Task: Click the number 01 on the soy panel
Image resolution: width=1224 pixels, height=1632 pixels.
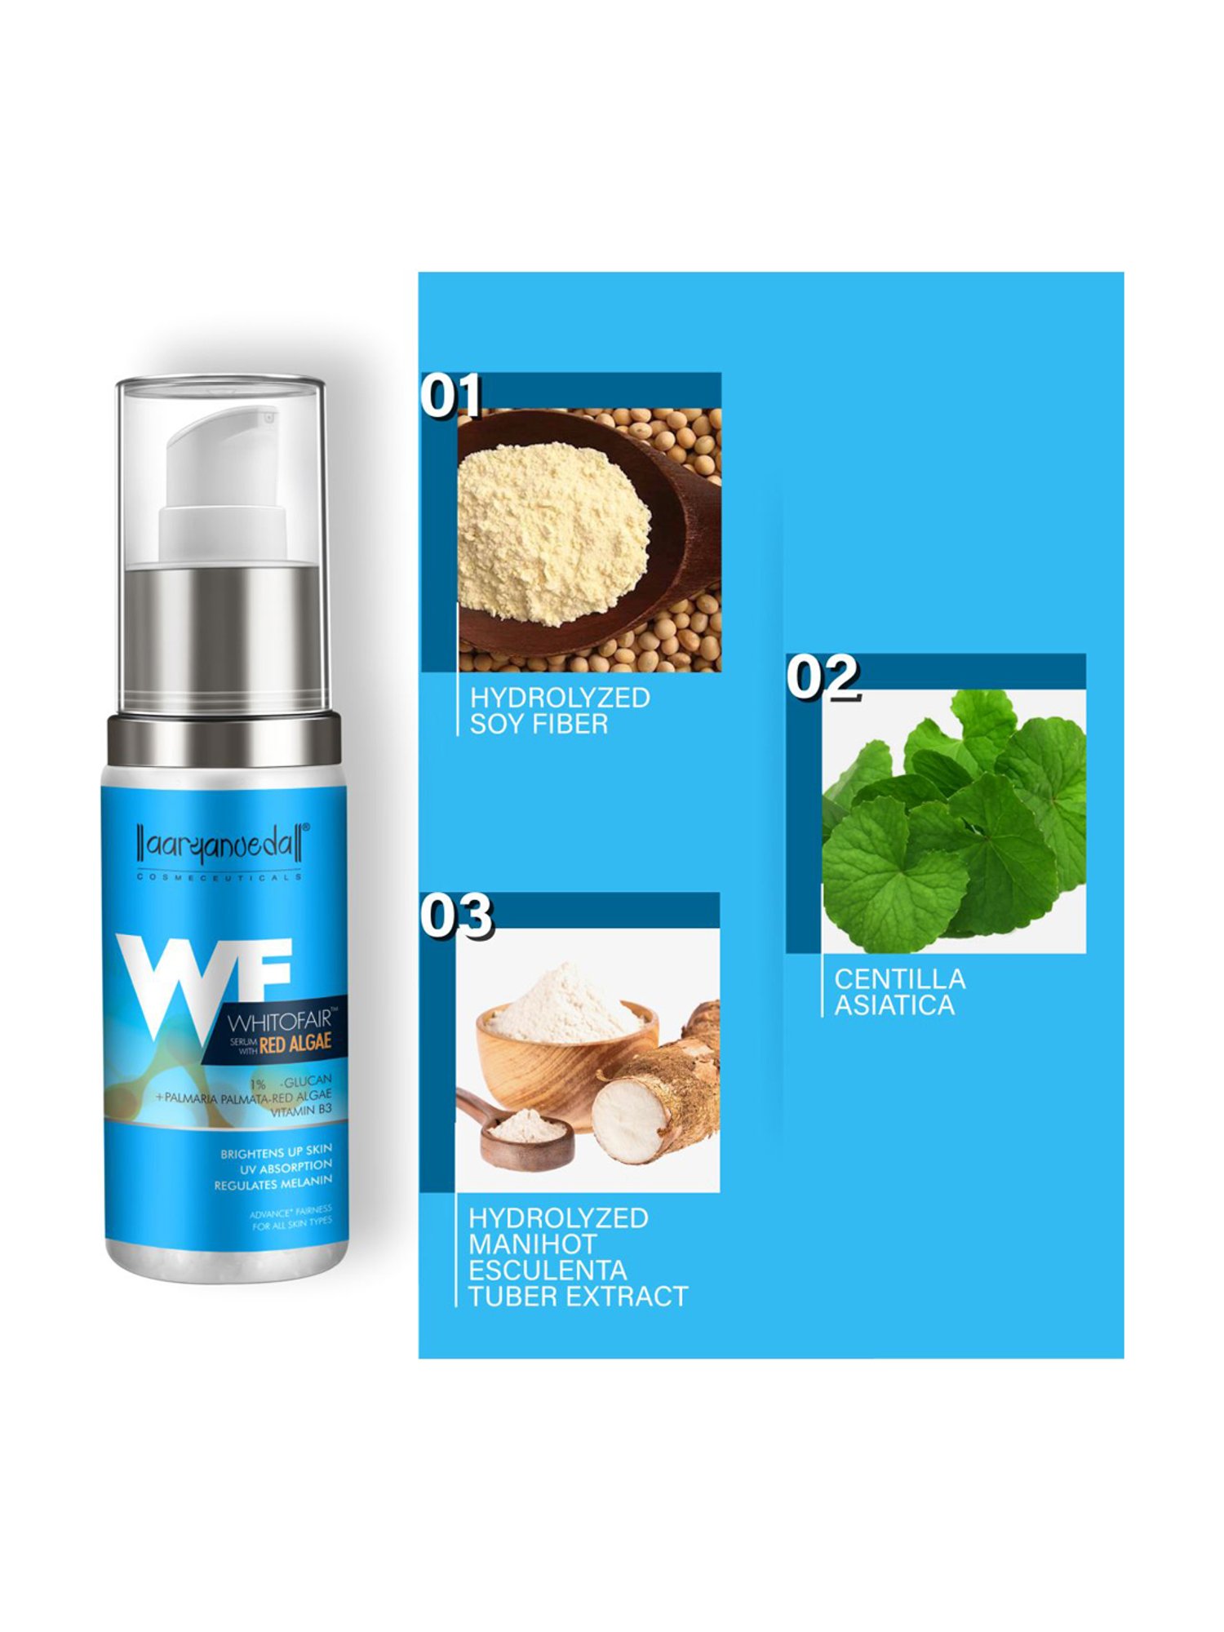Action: coord(450,397)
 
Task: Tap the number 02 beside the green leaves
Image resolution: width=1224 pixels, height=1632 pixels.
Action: coord(823,676)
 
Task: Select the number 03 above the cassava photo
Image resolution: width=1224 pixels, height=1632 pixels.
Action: coord(456,916)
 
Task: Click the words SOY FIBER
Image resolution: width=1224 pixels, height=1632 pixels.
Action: coord(539,724)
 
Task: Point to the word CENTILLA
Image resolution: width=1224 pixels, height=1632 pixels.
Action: coord(899,978)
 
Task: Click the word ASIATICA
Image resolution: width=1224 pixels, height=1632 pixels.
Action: coord(894,1005)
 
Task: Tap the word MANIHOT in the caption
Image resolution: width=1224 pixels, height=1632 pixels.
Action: coord(532,1244)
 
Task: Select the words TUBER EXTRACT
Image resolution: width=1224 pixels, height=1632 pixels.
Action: coord(578,1296)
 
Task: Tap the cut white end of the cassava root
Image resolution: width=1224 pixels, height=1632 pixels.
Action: coord(629,1121)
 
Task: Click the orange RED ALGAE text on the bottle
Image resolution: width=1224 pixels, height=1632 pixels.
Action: coord(295,1042)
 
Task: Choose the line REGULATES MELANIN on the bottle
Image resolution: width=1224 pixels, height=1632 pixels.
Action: coord(273,1183)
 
